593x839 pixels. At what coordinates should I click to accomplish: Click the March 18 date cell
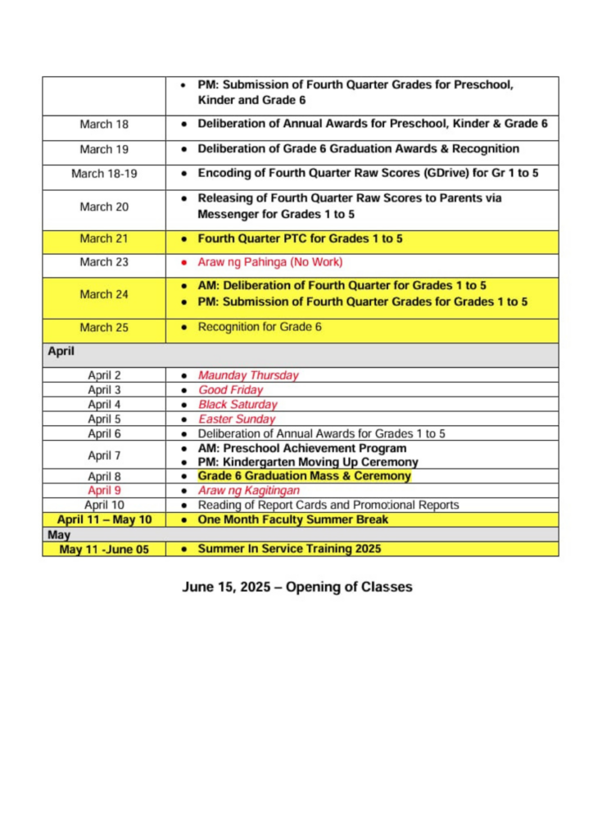coord(104,125)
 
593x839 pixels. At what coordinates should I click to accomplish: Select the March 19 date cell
coord(104,149)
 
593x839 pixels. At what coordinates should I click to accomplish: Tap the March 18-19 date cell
coord(104,174)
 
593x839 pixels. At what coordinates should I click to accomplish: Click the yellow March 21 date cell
coord(104,238)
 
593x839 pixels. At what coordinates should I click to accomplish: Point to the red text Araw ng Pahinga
coord(269,262)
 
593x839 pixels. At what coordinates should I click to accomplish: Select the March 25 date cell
coord(104,328)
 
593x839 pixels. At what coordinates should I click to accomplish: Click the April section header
coord(61,351)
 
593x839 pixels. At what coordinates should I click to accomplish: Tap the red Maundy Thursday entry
coord(248,375)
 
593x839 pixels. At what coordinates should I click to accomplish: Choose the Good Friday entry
coord(230,390)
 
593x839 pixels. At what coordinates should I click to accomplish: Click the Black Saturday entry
coord(238,405)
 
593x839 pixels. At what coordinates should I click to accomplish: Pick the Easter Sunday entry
coord(237,419)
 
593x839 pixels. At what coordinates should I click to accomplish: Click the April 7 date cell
coord(104,455)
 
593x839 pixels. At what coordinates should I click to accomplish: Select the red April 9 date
coord(104,491)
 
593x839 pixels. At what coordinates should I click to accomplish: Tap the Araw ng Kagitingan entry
coord(248,491)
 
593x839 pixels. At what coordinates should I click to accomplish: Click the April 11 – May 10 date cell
coord(104,519)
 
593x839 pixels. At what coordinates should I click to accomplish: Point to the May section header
coord(60,535)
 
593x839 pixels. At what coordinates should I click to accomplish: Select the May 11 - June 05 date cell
coord(104,550)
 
